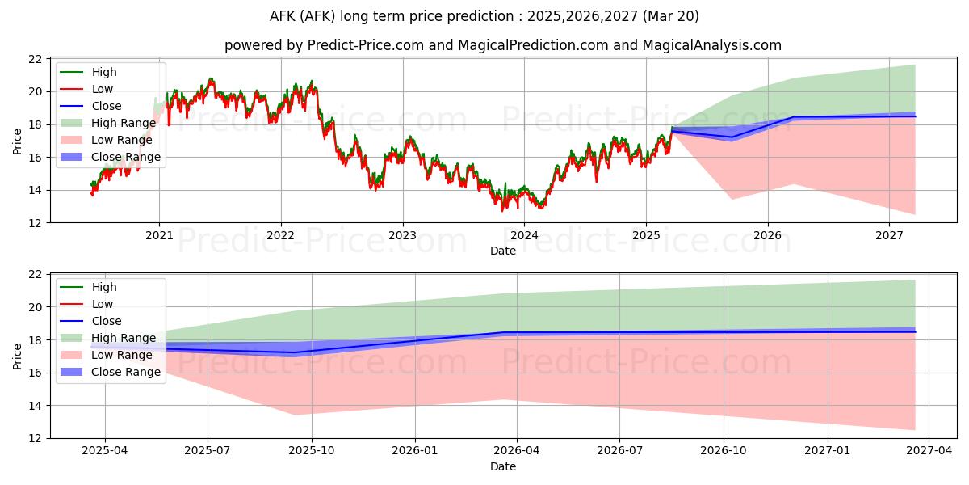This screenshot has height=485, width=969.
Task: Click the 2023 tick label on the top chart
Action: click(402, 235)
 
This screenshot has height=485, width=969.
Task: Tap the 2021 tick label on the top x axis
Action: click(159, 235)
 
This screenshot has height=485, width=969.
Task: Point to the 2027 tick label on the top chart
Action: click(889, 235)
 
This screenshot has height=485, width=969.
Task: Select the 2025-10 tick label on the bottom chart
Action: click(312, 451)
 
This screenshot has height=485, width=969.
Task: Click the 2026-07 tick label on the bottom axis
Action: click(619, 451)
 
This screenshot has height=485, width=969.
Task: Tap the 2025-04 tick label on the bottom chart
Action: click(105, 451)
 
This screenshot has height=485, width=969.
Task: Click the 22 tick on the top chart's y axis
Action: click(35, 59)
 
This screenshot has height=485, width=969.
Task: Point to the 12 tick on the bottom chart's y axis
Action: click(35, 438)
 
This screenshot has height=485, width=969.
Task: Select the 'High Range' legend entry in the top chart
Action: click(124, 123)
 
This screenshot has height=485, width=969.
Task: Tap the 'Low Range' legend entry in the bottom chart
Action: click(122, 355)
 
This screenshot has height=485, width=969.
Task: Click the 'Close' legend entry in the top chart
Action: click(107, 106)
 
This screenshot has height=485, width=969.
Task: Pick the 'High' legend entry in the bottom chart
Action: click(104, 287)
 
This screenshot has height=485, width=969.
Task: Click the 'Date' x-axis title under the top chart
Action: click(502, 251)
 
